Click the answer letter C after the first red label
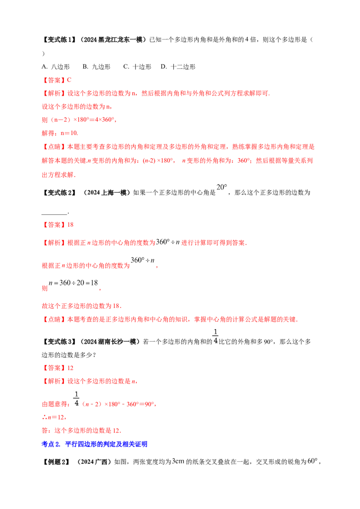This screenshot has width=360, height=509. [69, 80]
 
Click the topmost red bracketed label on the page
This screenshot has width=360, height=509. [54, 80]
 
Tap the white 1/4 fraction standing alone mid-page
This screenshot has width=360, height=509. [215, 336]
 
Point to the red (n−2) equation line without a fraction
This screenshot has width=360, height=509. [79, 121]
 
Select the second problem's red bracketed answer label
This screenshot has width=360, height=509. [54, 224]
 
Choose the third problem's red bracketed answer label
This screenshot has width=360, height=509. [54, 368]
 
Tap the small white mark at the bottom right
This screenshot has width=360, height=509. [313, 460]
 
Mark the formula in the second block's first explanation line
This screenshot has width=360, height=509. [167, 242]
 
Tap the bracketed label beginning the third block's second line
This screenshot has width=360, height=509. [54, 382]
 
